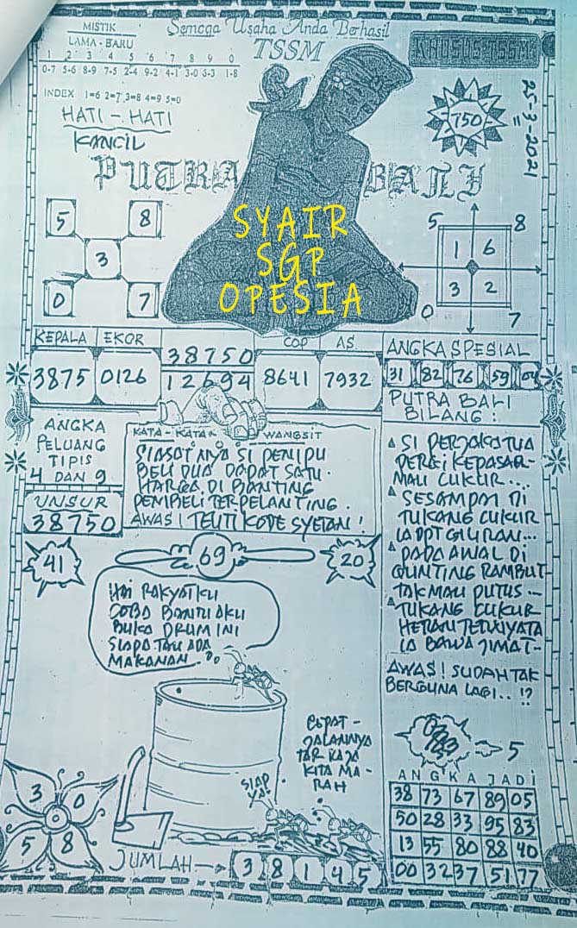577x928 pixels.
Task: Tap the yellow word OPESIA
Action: [x=289, y=298]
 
